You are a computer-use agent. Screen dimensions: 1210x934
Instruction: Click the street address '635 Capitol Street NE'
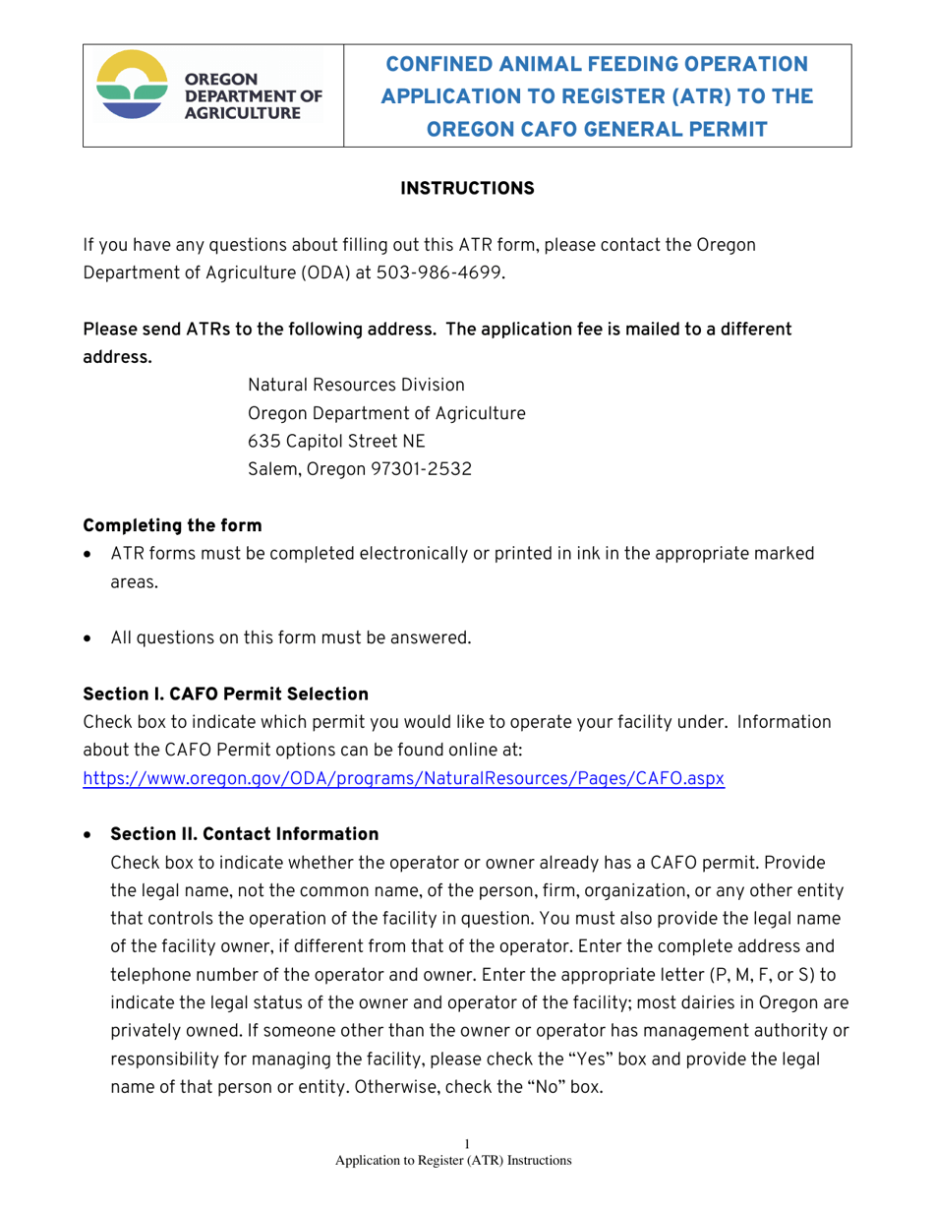pos(336,441)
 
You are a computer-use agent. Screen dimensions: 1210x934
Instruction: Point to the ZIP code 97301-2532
pos(420,470)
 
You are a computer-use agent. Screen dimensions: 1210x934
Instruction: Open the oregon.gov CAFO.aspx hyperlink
pos(404,777)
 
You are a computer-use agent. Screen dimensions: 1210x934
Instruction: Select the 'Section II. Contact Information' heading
pos(244,834)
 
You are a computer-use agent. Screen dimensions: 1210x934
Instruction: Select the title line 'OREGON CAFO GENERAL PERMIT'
pos(597,128)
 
